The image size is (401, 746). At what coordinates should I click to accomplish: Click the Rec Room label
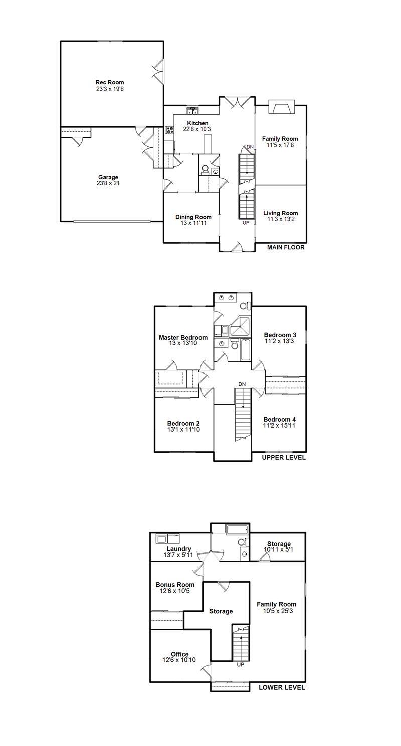110,82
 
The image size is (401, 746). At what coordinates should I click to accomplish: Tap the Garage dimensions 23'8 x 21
108,183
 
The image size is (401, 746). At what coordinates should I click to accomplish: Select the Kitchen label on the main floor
197,123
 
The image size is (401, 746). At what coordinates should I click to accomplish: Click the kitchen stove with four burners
169,130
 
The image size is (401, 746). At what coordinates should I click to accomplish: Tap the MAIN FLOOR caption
286,248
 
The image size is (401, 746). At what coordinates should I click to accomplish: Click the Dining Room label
193,217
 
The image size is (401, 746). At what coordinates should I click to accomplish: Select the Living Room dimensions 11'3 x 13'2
281,219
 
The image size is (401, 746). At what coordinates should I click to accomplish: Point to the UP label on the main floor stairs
246,223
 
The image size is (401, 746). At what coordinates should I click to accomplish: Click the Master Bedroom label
183,337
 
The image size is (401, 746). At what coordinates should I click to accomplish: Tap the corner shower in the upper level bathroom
241,327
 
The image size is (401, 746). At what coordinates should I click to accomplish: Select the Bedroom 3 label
280,335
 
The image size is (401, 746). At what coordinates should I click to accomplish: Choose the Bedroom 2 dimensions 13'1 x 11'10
183,430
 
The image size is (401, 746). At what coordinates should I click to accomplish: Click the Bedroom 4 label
279,419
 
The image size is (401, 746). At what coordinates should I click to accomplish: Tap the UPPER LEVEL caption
284,457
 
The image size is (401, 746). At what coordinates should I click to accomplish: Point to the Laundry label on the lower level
179,549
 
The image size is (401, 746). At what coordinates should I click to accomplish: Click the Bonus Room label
175,585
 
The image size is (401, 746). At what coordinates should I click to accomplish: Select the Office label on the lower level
180,654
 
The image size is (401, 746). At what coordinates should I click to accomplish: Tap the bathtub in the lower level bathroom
237,530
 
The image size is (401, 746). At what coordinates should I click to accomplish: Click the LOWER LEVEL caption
282,687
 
